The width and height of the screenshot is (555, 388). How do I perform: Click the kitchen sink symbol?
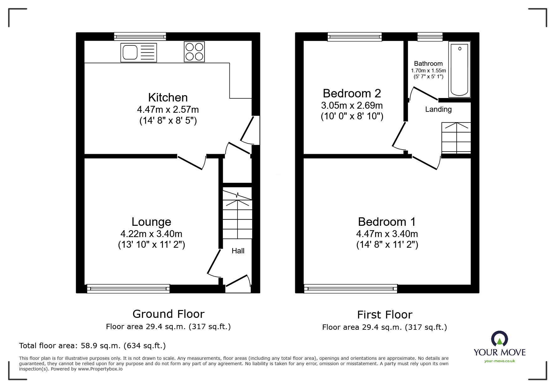[x=139, y=52]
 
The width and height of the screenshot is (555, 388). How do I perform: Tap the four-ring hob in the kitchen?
[x=194, y=52]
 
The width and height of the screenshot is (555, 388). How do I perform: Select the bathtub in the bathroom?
[x=459, y=70]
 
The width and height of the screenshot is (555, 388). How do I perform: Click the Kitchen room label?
[x=168, y=97]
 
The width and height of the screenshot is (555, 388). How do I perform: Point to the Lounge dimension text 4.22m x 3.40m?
[x=151, y=234]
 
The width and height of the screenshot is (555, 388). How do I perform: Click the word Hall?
[x=238, y=251]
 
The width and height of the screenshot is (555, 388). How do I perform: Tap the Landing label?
[x=438, y=109]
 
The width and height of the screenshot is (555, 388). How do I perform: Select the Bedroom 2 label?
[x=352, y=93]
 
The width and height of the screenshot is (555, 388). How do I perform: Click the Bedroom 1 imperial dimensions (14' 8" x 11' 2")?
[x=387, y=245]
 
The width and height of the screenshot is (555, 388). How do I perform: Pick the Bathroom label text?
[x=428, y=64]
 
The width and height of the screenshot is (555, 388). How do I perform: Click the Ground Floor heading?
[x=168, y=314]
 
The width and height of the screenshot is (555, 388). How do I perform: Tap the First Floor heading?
[x=385, y=314]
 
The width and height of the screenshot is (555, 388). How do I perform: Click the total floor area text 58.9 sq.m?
[x=92, y=346]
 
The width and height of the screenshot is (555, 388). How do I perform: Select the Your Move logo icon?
[x=499, y=339]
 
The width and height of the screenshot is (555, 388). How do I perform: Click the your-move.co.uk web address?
[x=500, y=361]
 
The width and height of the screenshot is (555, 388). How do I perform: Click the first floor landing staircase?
[x=456, y=138]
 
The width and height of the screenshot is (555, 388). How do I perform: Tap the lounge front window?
[x=128, y=288]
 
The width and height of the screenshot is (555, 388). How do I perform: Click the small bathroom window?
[x=430, y=37]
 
